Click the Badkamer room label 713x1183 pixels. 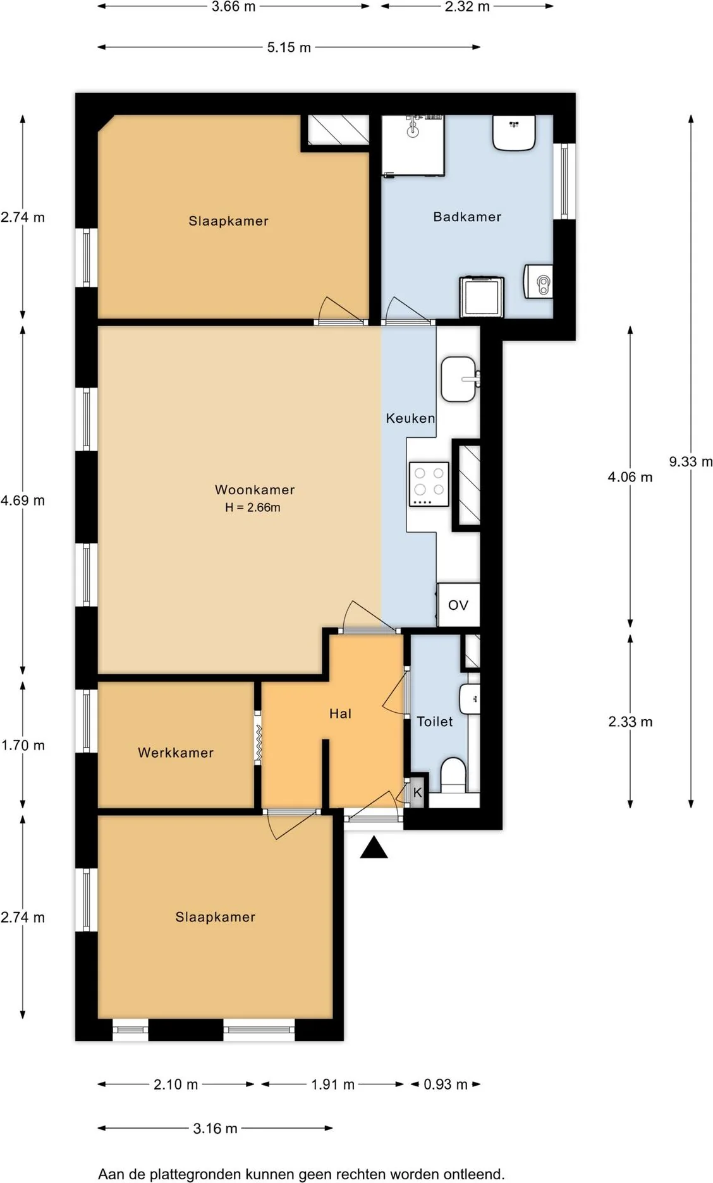pyautogui.click(x=467, y=217)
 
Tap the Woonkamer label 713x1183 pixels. pyautogui.click(x=255, y=490)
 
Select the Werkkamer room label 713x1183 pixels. pyautogui.click(x=176, y=753)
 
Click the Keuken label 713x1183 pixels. pyautogui.click(x=410, y=418)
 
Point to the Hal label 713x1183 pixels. pyautogui.click(x=340, y=713)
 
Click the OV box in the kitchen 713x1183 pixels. pyautogui.click(x=458, y=605)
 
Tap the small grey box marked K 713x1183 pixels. pyautogui.click(x=417, y=792)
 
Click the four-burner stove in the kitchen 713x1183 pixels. pyautogui.click(x=429, y=485)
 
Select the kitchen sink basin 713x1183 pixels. pyautogui.click(x=458, y=379)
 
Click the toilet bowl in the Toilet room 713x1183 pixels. pyautogui.click(x=453, y=774)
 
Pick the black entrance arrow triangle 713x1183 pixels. pyautogui.click(x=374, y=848)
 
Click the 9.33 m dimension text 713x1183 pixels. pyautogui.click(x=690, y=462)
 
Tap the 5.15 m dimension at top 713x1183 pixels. pyautogui.click(x=289, y=47)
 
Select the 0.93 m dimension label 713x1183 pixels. pyautogui.click(x=446, y=1084)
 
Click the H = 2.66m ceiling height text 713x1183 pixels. pyautogui.click(x=253, y=507)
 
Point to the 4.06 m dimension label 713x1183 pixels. pyautogui.click(x=630, y=477)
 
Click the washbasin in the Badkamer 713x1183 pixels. pyautogui.click(x=514, y=132)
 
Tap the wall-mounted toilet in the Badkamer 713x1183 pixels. pyautogui.click(x=539, y=282)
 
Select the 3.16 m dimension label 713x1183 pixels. pyautogui.click(x=215, y=1128)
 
